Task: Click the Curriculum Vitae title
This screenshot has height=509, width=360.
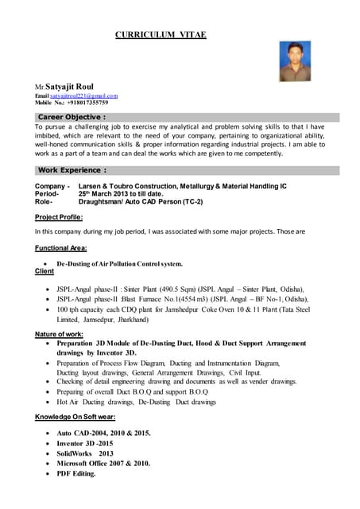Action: coord(161,35)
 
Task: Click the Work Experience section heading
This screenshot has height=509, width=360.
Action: coord(72,170)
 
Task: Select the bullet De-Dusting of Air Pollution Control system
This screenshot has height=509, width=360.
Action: coord(119,263)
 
